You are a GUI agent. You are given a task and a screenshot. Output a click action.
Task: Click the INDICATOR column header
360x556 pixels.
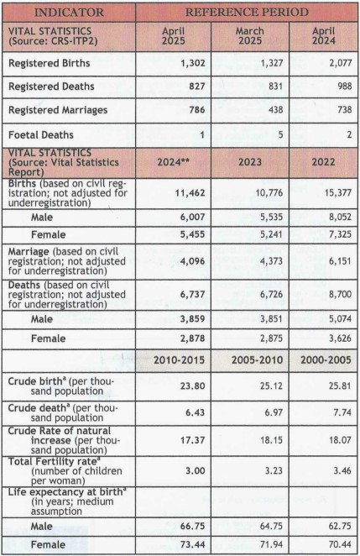coord(69,13)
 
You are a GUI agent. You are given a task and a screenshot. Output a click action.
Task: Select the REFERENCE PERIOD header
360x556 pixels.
coord(247,13)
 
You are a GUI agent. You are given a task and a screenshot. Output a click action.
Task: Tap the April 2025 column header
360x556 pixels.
coord(173,36)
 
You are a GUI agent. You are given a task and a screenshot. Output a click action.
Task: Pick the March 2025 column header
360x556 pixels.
coord(250,36)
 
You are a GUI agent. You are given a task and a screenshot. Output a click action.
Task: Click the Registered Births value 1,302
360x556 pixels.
coord(193,63)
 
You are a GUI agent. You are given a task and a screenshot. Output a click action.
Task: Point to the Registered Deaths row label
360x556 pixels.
coord(51,87)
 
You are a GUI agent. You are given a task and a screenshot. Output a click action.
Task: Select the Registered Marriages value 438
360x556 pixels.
coord(276,109)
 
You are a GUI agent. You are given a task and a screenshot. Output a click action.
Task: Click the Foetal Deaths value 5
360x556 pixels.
coord(280,134)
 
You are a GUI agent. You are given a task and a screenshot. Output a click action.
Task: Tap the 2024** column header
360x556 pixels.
coord(173,162)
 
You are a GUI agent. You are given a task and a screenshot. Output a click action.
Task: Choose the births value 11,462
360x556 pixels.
coord(190,193)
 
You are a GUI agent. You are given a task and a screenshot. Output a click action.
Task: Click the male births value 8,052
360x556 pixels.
coord(340,217)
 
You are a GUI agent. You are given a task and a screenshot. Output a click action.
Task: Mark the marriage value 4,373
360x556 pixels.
coord(272,261)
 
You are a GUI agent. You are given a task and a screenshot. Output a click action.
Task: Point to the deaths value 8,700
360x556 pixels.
coord(340,294)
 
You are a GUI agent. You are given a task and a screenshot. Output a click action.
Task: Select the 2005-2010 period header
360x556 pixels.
coord(258,360)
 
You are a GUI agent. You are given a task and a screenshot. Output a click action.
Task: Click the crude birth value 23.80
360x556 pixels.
coord(192,386)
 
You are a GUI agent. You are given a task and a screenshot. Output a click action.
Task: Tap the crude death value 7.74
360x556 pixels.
coord(342,412)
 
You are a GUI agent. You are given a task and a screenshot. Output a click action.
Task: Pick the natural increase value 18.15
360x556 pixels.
coord(271,440)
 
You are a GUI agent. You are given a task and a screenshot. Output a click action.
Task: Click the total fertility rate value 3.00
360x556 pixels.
coord(196,471)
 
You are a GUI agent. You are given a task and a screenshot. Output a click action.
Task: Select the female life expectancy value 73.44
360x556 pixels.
coord(192,544)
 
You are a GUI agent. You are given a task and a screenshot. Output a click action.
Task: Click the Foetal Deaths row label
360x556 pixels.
coord(41,135)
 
